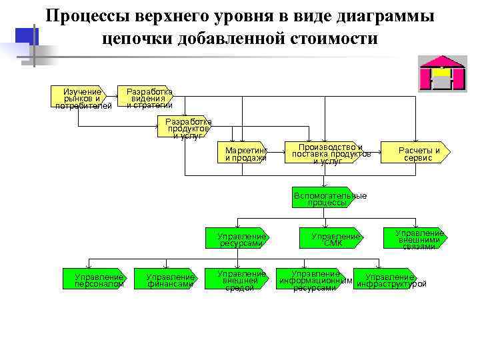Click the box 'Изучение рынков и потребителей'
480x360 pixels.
[79, 97]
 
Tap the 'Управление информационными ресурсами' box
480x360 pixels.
[315, 280]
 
